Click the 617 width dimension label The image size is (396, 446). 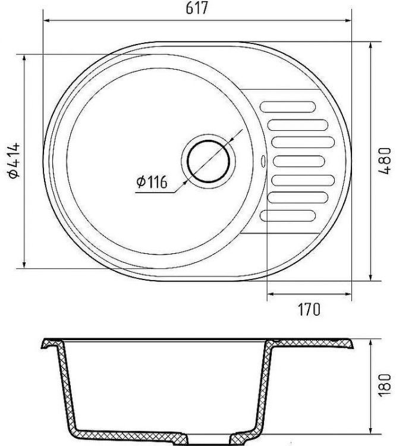tap(197, 8)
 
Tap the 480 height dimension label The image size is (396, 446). tap(385, 161)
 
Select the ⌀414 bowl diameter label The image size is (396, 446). tap(14, 161)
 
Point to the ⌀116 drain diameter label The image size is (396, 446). tap(152, 182)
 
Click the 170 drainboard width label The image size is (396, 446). tap(309, 309)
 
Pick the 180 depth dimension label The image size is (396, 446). tap(385, 385)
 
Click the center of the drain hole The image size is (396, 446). tap(208, 161)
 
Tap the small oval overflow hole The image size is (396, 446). tap(263, 161)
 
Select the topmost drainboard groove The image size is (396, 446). tap(288, 106)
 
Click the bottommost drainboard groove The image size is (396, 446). tap(288, 216)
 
